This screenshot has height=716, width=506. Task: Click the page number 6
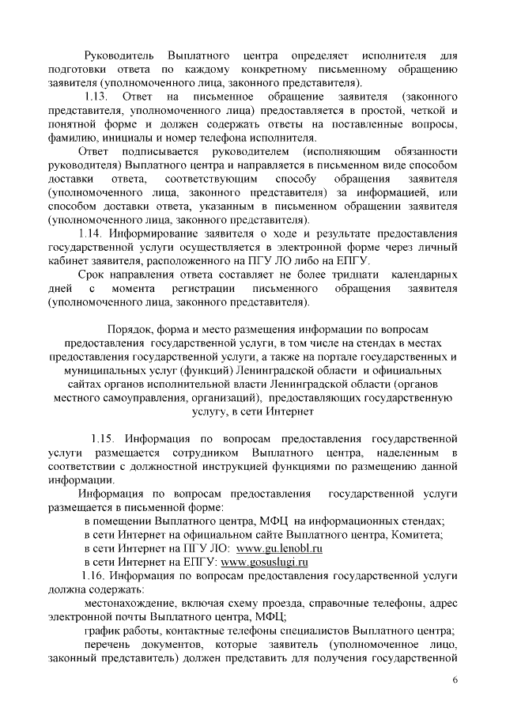[x=455, y=680]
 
